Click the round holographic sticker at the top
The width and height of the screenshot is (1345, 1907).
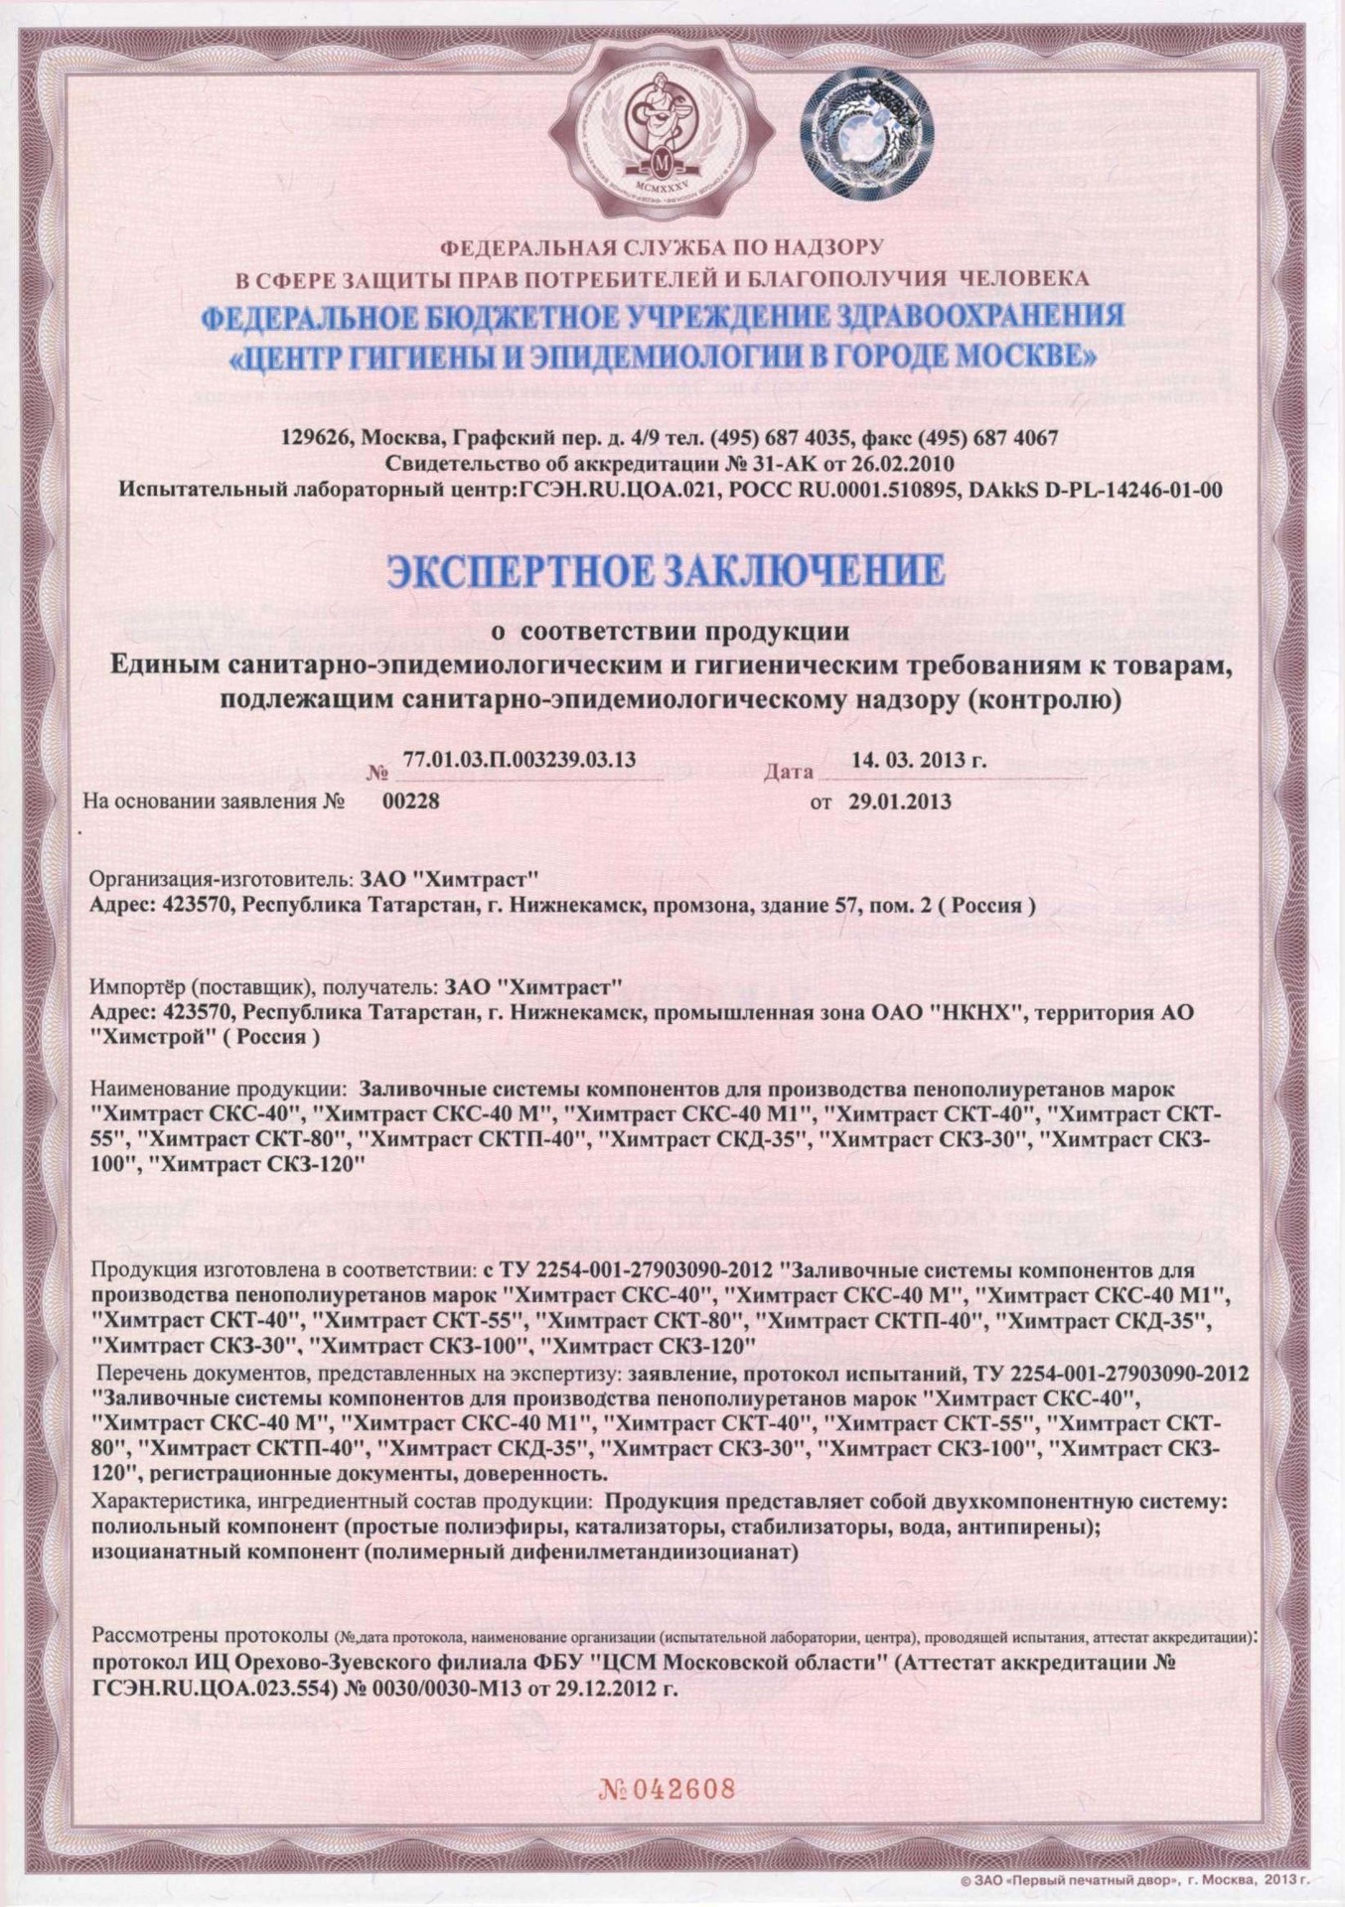click(866, 130)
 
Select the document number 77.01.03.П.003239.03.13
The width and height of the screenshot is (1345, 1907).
click(520, 761)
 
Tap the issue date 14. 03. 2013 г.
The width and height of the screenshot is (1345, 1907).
click(919, 761)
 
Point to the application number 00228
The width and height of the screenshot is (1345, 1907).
click(410, 802)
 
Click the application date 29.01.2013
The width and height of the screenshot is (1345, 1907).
click(899, 802)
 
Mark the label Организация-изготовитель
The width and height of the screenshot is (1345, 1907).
click(217, 879)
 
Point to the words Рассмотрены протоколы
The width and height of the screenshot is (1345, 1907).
click(209, 1635)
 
